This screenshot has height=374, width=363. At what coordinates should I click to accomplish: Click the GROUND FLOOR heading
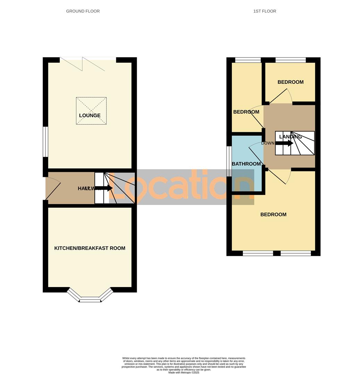(x=83, y=11)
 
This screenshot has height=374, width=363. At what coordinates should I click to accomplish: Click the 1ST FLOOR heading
(x=264, y=11)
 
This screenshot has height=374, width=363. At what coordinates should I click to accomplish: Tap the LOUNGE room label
(x=90, y=116)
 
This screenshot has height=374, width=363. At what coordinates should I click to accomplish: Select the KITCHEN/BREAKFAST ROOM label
(x=90, y=248)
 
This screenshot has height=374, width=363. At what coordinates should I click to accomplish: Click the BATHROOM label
(x=246, y=164)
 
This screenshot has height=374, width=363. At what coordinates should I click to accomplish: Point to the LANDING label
(x=290, y=137)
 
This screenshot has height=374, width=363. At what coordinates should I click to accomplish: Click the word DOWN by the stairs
(x=268, y=143)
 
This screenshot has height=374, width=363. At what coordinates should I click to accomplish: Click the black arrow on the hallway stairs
(x=104, y=188)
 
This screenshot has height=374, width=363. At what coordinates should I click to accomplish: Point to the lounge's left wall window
(x=45, y=142)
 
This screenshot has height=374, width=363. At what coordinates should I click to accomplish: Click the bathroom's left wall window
(x=229, y=161)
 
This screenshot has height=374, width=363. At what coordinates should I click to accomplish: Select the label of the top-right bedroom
(x=290, y=82)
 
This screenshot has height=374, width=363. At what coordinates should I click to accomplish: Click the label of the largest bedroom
(x=273, y=214)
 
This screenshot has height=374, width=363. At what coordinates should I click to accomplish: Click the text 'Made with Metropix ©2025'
(x=184, y=372)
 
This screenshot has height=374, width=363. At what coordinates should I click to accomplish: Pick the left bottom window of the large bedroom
(x=258, y=253)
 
